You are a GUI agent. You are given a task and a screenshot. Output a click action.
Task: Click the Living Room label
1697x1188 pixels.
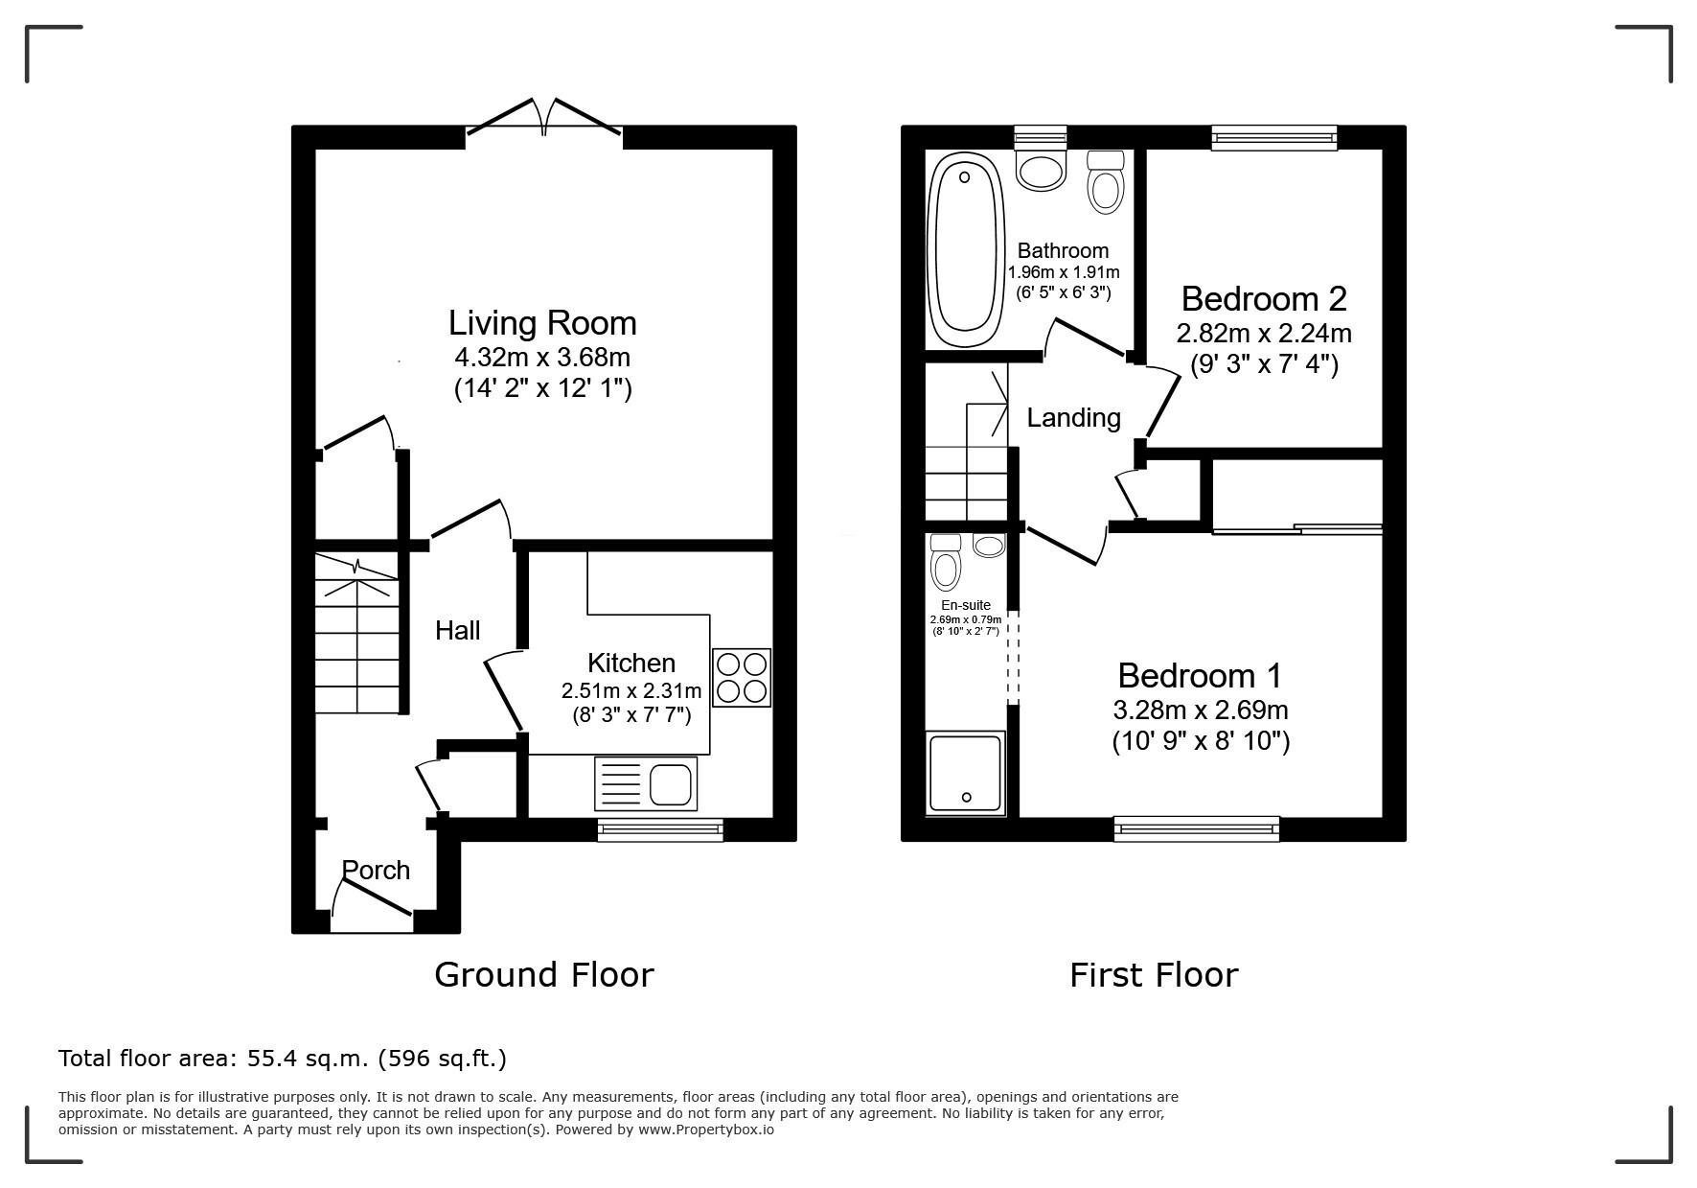[x=542, y=323]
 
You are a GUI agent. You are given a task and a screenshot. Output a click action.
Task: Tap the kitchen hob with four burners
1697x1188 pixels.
[x=742, y=678]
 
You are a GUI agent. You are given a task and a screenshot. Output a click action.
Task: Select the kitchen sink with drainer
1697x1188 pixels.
[x=646, y=782]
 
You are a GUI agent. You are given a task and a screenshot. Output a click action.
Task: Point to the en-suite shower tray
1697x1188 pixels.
[x=966, y=773]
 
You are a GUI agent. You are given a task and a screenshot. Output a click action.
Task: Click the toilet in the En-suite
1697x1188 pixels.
[x=946, y=562]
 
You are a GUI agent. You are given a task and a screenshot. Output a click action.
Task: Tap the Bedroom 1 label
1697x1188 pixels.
[x=1200, y=676]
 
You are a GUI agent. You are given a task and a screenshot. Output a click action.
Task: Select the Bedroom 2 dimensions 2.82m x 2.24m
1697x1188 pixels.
[x=1264, y=334]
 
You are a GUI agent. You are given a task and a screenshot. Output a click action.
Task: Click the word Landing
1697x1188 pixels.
[x=1073, y=418]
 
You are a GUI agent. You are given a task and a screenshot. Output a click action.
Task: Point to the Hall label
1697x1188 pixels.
[x=458, y=630]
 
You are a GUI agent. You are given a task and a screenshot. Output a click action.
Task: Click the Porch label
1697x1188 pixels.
[x=376, y=870]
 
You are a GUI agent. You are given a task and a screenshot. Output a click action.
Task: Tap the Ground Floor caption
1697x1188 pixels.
[x=544, y=975]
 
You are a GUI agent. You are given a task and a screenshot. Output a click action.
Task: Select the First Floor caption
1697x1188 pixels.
[x=1154, y=975]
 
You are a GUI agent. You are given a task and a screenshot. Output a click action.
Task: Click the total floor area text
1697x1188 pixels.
[x=283, y=1059]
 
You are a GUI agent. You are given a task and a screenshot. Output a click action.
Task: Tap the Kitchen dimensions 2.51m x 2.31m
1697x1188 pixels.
[x=631, y=690]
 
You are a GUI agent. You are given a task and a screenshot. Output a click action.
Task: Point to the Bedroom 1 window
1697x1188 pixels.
[x=1197, y=828]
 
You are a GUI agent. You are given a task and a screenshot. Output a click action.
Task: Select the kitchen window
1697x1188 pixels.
[x=660, y=829]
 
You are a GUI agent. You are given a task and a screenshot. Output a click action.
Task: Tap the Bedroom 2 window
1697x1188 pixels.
[x=1273, y=138]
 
